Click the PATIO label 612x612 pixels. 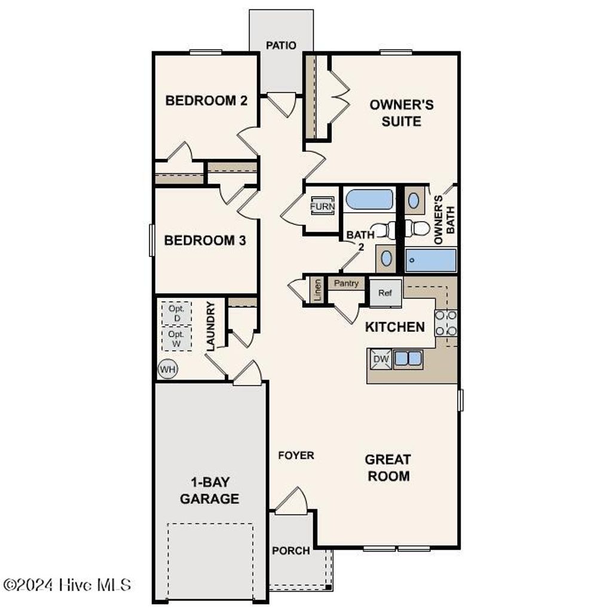[281, 45]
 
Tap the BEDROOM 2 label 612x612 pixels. [206, 100]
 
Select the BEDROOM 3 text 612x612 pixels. [206, 241]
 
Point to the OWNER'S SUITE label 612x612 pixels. [401, 113]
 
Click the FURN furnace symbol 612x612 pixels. [322, 207]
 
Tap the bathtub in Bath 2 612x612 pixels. [369, 200]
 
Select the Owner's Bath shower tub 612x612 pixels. [431, 261]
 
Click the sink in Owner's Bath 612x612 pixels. [414, 200]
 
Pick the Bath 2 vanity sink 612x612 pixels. [387, 258]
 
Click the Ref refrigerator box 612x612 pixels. [385, 293]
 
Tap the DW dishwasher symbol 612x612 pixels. [381, 359]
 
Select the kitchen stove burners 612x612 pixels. [446, 323]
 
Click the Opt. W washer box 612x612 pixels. [176, 338]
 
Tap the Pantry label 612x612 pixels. [346, 283]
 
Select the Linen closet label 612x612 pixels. [317, 290]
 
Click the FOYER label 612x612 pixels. [296, 455]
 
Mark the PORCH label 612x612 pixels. [291, 550]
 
